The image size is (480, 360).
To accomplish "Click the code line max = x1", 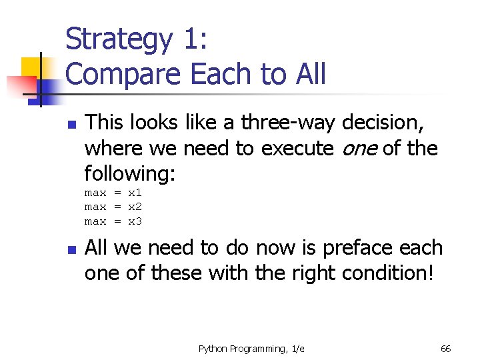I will click(x=113, y=193).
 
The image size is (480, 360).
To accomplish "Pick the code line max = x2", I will click(x=113, y=207).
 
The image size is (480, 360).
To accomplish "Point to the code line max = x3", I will click(x=113, y=221).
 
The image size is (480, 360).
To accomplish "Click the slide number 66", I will click(x=446, y=349).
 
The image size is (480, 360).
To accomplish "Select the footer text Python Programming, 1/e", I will click(x=251, y=349).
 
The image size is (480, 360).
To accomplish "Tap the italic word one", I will click(x=357, y=148).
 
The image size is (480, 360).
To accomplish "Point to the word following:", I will click(x=130, y=173).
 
